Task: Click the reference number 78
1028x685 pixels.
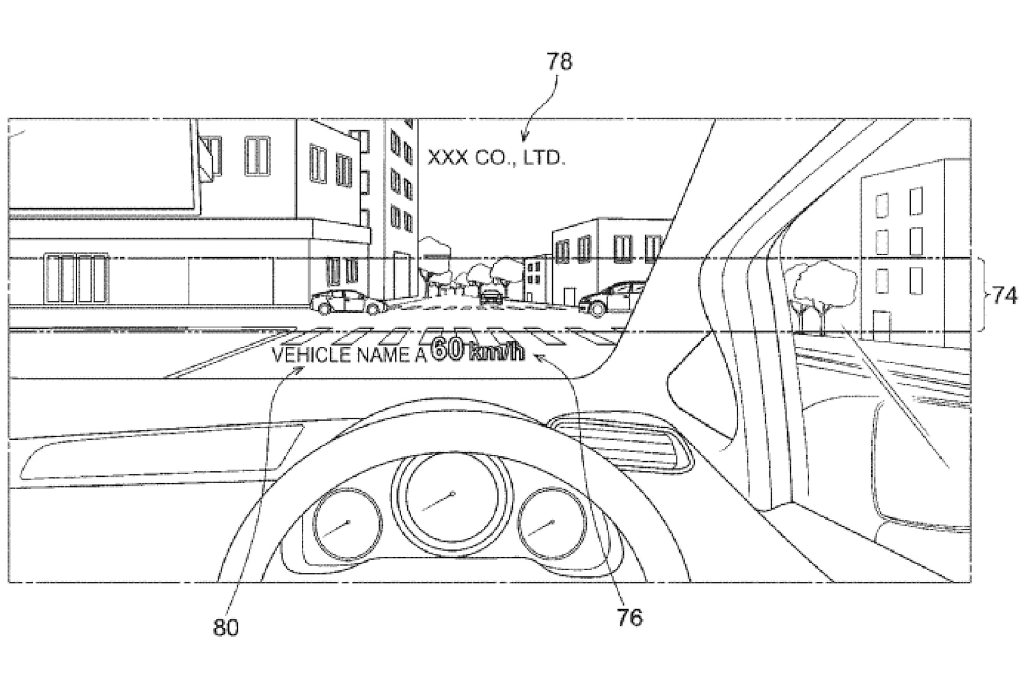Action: pos(559,62)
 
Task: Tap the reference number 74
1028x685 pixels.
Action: pos(1004,296)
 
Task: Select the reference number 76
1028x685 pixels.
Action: pos(629,617)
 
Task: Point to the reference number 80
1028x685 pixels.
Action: pos(225,627)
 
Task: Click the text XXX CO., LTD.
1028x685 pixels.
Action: pos(496,158)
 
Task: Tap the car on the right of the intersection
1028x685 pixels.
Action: pos(610,299)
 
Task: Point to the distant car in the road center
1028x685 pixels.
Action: pos(492,296)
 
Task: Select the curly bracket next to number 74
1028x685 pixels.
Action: pos(981,296)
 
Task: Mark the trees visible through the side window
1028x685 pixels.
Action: pos(822,289)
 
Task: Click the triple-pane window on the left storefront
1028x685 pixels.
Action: pos(76,278)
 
